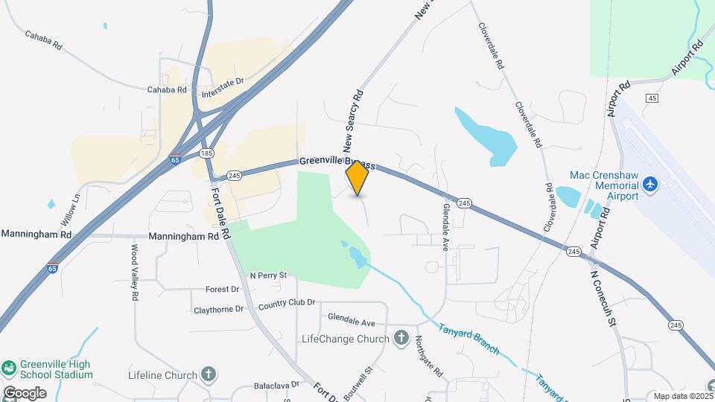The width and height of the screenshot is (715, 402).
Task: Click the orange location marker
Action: (x=357, y=178)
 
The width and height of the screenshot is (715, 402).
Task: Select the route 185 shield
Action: (x=207, y=153)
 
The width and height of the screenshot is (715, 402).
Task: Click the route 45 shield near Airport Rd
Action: (x=652, y=98)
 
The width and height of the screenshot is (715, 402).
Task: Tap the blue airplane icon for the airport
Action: (x=652, y=183)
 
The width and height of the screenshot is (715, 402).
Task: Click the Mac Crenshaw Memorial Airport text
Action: (x=604, y=185)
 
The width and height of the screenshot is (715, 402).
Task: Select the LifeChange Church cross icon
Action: (x=401, y=339)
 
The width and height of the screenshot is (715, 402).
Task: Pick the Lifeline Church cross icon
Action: (x=209, y=374)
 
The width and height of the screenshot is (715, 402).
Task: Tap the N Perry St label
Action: (x=268, y=275)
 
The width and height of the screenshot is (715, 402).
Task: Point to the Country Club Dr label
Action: (x=287, y=304)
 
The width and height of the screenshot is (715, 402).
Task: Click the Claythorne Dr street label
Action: (x=218, y=309)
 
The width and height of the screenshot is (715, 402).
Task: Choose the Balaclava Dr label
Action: (x=276, y=385)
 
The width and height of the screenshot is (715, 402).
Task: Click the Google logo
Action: (x=24, y=393)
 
